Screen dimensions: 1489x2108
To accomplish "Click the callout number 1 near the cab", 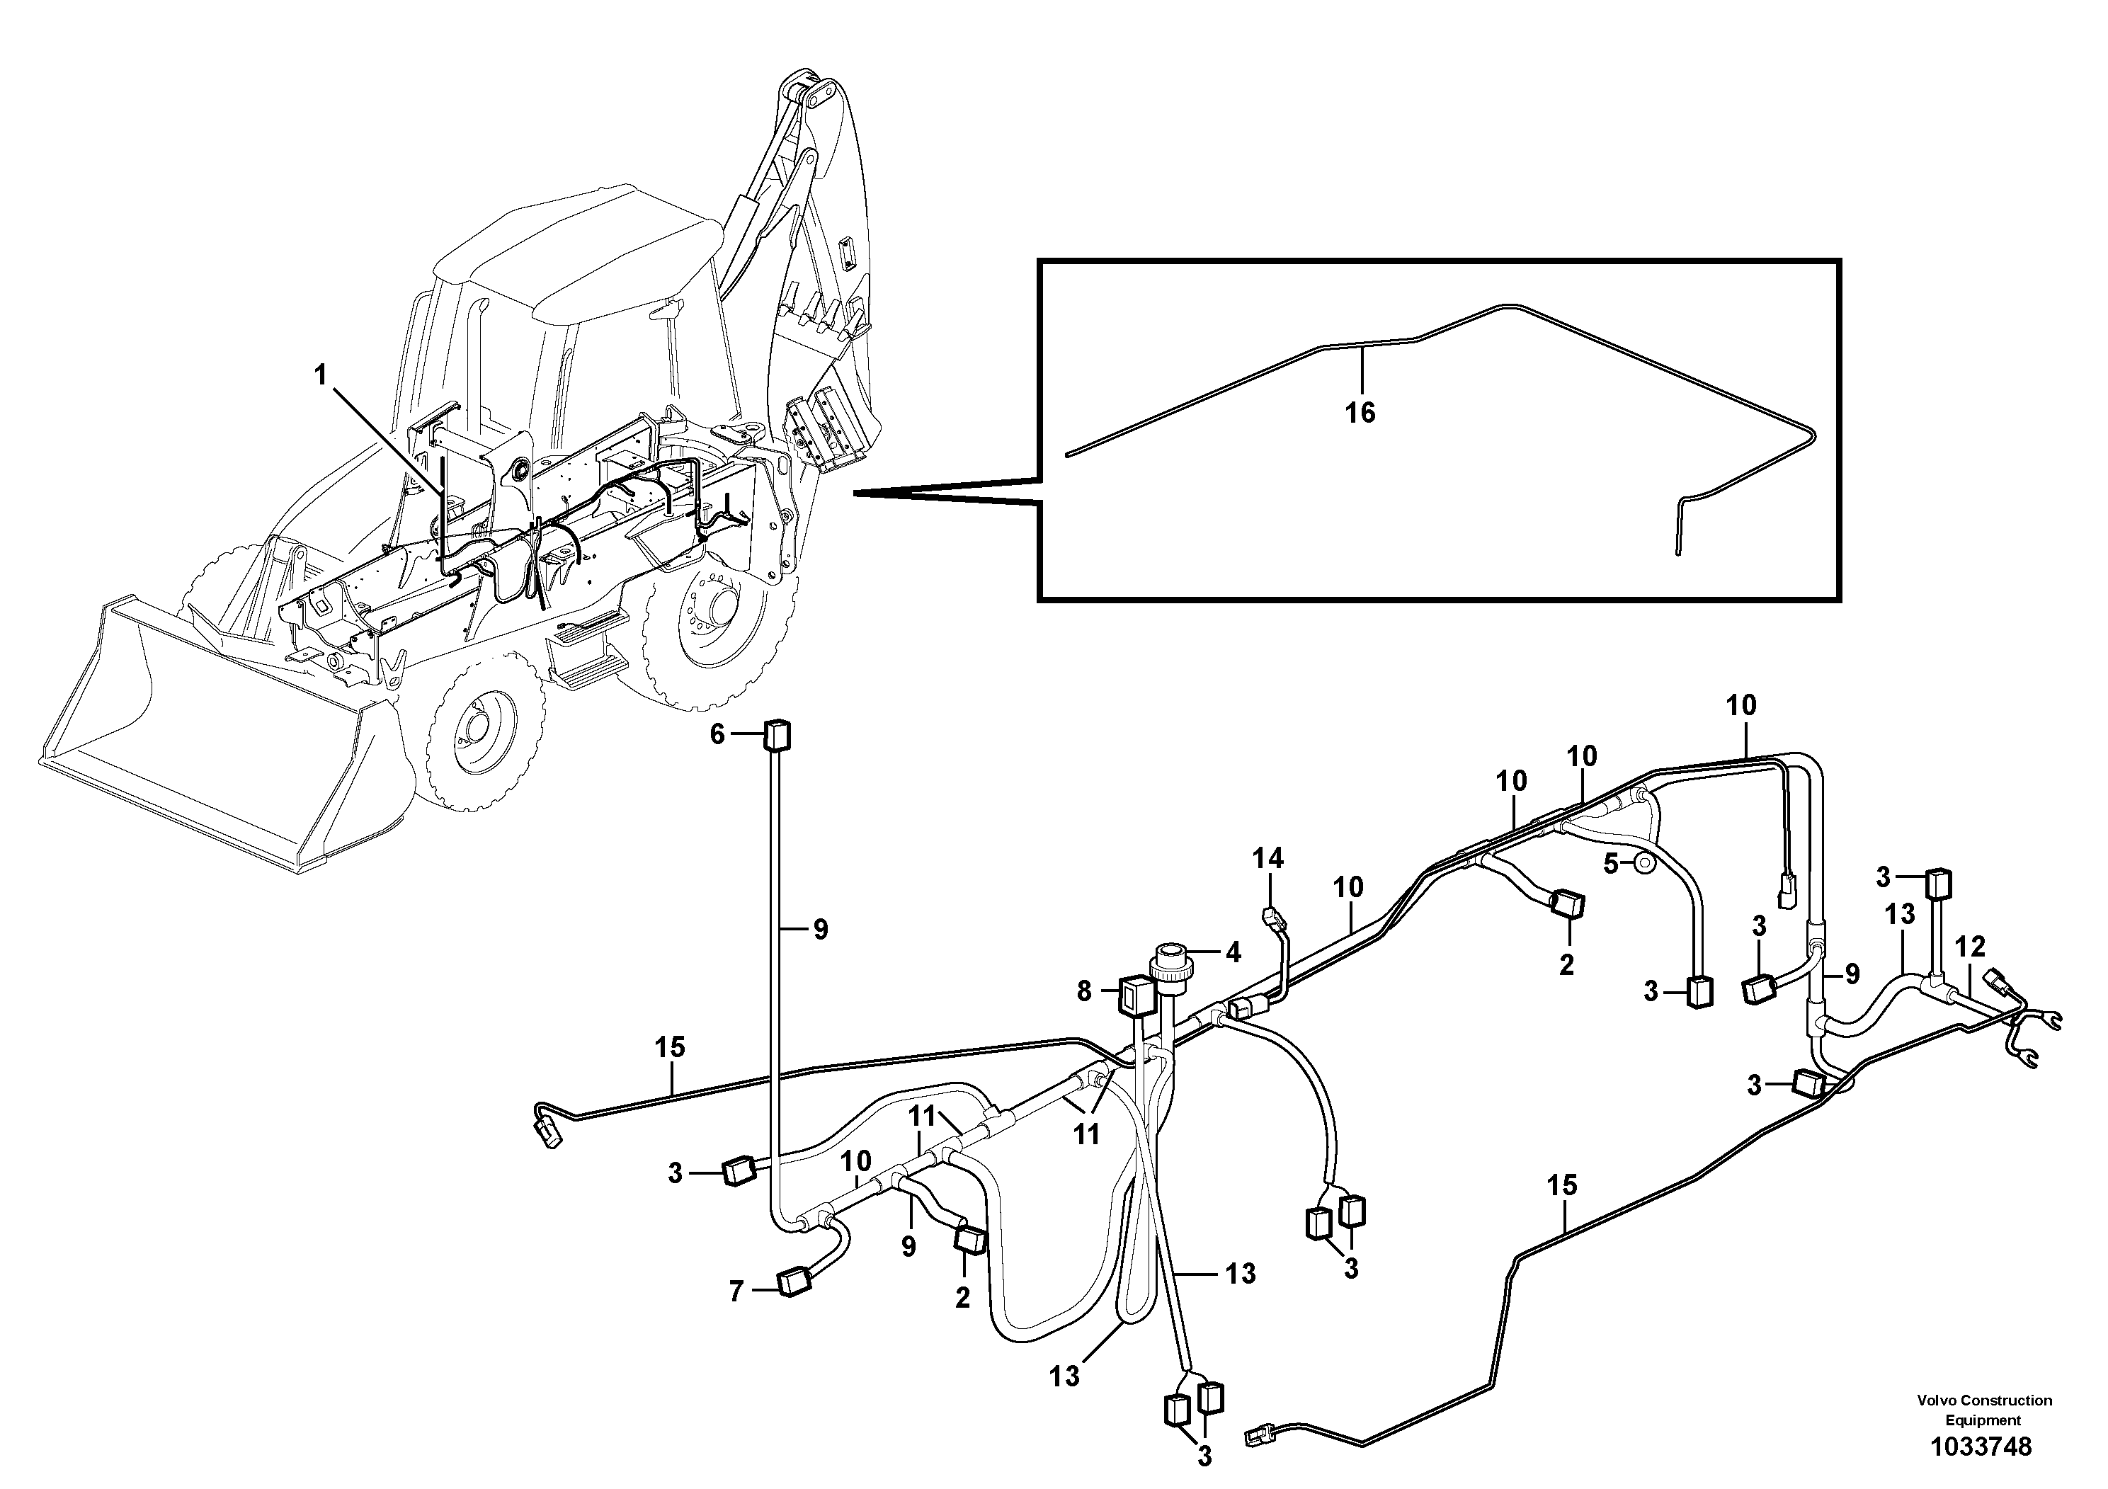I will tap(321, 375).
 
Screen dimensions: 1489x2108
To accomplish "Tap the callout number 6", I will tap(717, 734).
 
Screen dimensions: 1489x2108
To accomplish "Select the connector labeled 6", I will tap(777, 736).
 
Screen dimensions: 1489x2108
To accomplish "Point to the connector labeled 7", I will tap(792, 1282).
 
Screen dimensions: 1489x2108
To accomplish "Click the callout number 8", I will tap(1084, 991).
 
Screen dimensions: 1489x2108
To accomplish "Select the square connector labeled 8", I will tap(1136, 994).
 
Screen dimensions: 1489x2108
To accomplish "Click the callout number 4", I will tap(1232, 953).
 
